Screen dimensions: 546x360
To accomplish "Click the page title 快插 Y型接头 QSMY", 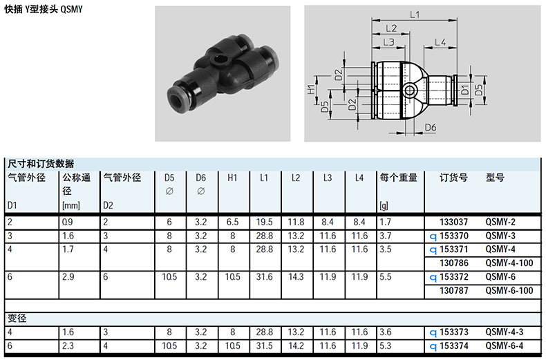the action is pyautogui.click(x=44, y=9).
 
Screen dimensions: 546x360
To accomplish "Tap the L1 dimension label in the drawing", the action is pyautogui.click(x=415, y=15).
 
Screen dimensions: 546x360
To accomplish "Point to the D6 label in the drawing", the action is pyautogui.click(x=431, y=127).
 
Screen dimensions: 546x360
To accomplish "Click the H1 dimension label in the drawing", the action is pyautogui.click(x=311, y=89).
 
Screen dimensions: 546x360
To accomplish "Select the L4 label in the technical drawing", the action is pyautogui.click(x=440, y=42).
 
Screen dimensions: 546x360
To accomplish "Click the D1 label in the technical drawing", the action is pyautogui.click(x=465, y=90).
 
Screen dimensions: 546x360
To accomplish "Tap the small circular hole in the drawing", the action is pyautogui.click(x=410, y=91).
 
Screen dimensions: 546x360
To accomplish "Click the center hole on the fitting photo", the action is pyautogui.click(x=219, y=62).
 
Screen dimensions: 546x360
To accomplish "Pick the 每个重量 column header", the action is pyautogui.click(x=398, y=178).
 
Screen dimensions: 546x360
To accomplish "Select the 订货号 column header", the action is pyautogui.click(x=453, y=178).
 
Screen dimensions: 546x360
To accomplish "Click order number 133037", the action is pyautogui.click(x=453, y=222).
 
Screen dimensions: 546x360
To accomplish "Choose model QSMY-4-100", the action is pyautogui.click(x=509, y=263).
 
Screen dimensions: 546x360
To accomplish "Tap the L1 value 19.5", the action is pyautogui.click(x=264, y=222).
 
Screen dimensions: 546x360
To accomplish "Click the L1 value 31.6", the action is pyautogui.click(x=264, y=277).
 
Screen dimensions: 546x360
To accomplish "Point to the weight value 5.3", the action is pyautogui.click(x=385, y=345).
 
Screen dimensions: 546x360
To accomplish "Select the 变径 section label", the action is pyautogui.click(x=17, y=319).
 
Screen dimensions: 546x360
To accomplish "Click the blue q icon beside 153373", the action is pyautogui.click(x=433, y=333).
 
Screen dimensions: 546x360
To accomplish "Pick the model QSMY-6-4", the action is pyautogui.click(x=505, y=345).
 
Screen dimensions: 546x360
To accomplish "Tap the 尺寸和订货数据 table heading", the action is pyautogui.click(x=41, y=163).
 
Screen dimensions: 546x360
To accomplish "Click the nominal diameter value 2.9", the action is pyautogui.click(x=68, y=277).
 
